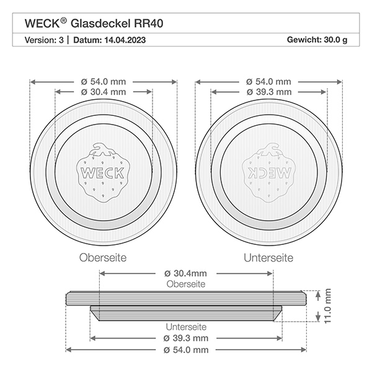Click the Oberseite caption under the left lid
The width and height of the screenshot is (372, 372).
coord(104,257)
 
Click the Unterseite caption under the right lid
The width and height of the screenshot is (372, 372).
coord(268,257)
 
